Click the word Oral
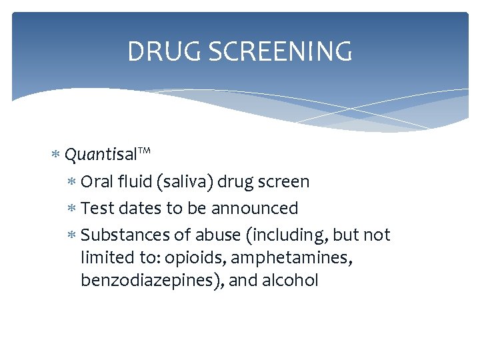click(x=96, y=181)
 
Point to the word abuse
click(x=213, y=235)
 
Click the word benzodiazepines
click(x=151, y=280)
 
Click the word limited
click(x=104, y=257)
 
